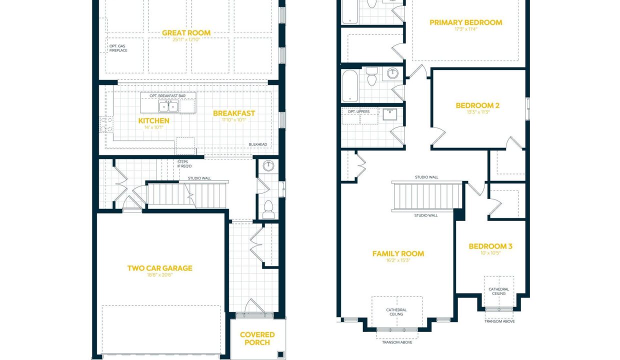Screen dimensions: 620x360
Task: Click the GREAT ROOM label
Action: pos(186,33)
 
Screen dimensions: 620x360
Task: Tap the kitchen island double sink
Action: pos(168,106)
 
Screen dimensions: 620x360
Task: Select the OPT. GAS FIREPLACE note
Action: pos(118,48)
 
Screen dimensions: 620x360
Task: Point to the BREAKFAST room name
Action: pos(234,113)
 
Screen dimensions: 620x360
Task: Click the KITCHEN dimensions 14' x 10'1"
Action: pos(154,127)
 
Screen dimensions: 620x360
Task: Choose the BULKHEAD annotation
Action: pos(257,144)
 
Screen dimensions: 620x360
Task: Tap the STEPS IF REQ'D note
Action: pos(184,164)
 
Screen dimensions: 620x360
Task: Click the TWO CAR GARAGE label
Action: pos(159,268)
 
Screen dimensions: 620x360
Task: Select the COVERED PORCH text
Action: pos(257,338)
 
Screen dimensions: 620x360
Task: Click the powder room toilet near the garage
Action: pos(268,209)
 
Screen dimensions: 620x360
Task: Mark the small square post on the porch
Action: pos(280,354)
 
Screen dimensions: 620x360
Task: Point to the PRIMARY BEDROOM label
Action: pos(466,22)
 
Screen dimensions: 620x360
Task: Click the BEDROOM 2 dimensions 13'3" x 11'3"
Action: pos(478,112)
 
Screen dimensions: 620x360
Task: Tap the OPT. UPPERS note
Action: pos(358,111)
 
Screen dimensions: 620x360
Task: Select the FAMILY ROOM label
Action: pos(398,253)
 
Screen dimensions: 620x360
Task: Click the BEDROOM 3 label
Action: pos(490,246)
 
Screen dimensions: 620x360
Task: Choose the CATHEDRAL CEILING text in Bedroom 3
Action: pos(499,291)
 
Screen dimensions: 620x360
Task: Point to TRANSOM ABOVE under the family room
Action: pos(397,342)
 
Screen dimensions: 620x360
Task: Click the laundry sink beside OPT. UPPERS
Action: pos(389,114)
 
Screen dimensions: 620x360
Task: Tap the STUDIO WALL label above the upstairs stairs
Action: pos(426,177)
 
